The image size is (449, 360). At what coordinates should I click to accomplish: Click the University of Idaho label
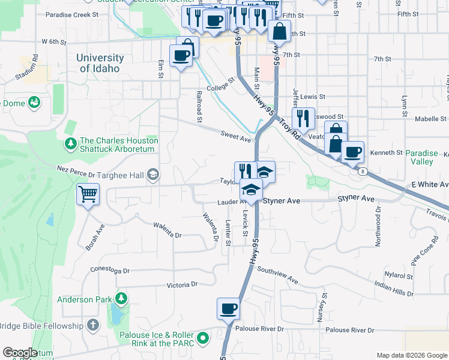point(100,63)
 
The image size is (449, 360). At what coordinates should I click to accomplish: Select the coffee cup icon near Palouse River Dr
point(228,309)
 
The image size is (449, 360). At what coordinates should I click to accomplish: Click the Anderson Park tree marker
point(121,299)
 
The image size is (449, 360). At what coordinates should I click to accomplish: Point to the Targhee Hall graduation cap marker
point(153,174)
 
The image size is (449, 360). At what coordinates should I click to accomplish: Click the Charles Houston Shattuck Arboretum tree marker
point(70,144)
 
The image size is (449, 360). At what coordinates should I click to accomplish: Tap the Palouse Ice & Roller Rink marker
point(203,338)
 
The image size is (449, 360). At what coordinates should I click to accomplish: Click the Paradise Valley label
point(427,157)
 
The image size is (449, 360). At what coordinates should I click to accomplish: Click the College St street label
point(220,86)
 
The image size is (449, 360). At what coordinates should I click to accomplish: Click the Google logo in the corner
point(20,352)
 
